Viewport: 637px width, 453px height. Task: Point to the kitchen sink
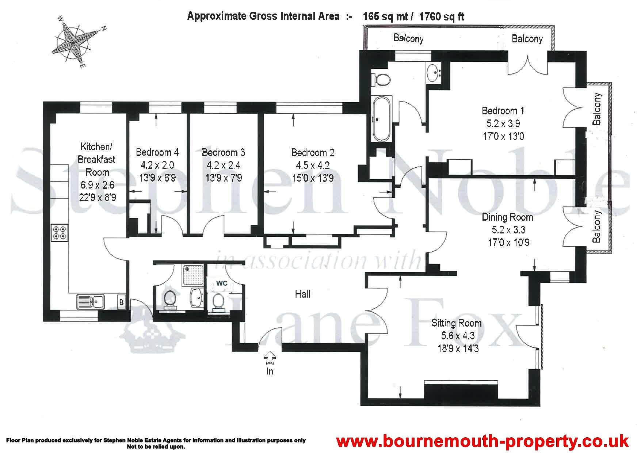point(91,301)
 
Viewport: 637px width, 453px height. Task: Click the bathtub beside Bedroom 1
point(381,119)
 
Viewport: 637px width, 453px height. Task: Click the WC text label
point(222,283)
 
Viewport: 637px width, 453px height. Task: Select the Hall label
point(303,294)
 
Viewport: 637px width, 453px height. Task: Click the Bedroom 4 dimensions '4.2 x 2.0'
point(157,165)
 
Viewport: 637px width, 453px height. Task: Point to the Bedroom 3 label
point(223,152)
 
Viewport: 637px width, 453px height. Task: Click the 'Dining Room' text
point(507,217)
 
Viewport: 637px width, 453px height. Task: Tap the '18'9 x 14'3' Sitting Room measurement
point(458,349)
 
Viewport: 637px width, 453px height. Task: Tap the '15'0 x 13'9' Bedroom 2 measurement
point(313,178)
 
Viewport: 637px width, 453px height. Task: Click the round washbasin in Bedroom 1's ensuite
point(434,73)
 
